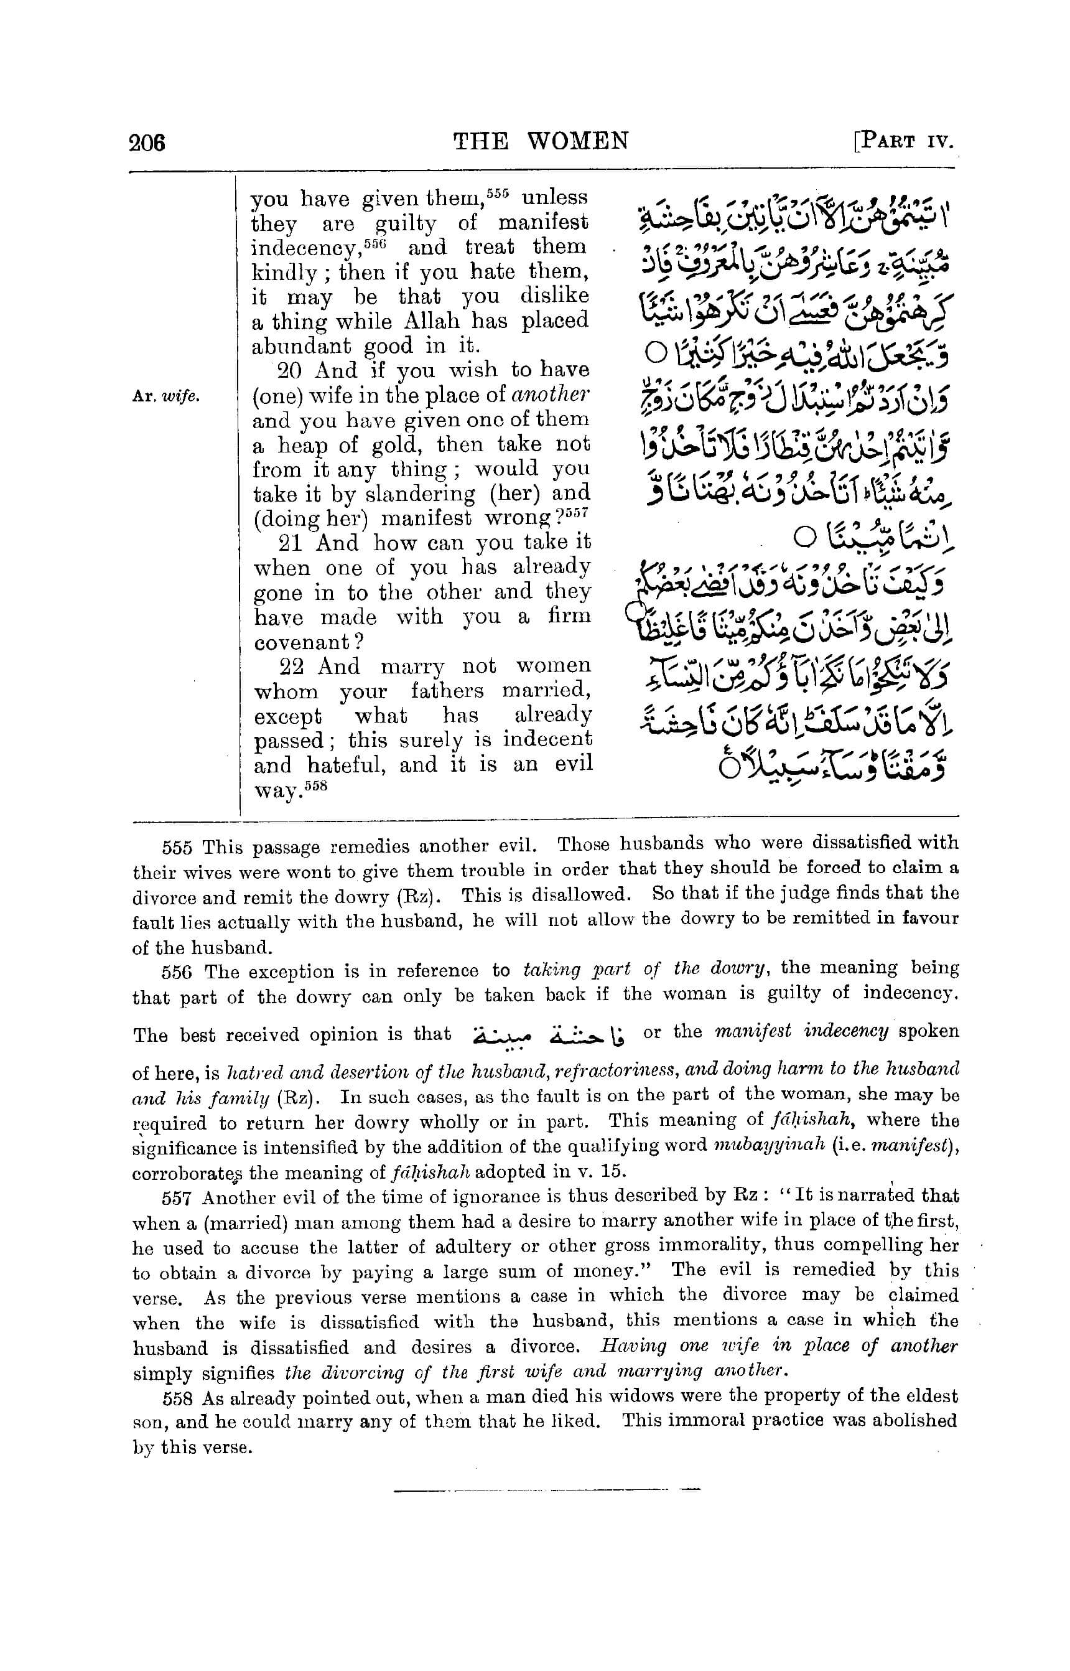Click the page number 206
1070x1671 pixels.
click(x=147, y=143)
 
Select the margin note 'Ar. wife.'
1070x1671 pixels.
click(x=165, y=396)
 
